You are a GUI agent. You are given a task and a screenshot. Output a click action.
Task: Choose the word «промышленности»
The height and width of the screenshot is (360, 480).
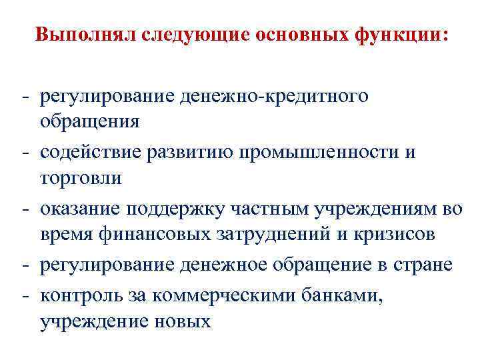pyautogui.click(x=334, y=153)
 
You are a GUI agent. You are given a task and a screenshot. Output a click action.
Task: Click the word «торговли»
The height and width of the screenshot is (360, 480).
pyautogui.click(x=81, y=178)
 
